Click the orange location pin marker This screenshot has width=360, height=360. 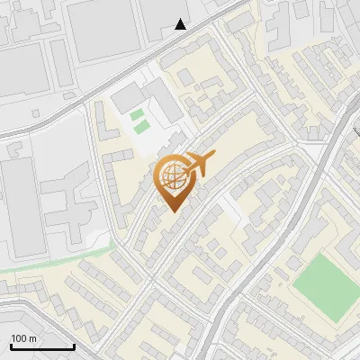coord(173,179)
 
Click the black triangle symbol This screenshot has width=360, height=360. coord(181,24)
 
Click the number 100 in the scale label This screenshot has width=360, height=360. coord(18,337)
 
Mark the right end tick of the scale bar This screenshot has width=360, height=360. coord(73,345)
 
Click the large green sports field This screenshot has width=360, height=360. coord(326,287)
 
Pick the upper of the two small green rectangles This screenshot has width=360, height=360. coord(137,114)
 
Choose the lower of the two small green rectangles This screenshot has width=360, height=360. coord(141,127)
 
